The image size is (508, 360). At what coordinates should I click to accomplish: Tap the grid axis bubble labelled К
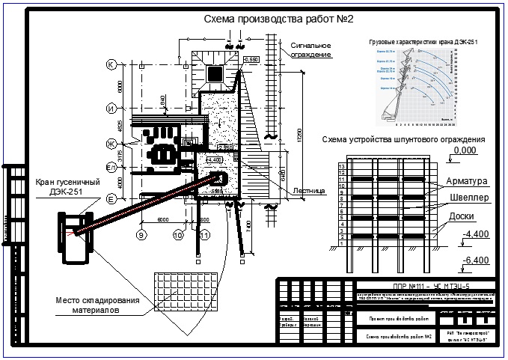111,65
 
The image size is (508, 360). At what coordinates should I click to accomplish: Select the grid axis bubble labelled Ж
111,142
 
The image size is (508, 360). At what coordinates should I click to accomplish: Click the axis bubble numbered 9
140,235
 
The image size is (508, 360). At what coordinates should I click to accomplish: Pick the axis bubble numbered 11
203,235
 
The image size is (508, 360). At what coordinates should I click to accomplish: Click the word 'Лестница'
307,191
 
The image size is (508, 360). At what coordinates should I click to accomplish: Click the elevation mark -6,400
475,260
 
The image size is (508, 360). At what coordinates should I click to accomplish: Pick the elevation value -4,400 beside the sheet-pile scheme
475,235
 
